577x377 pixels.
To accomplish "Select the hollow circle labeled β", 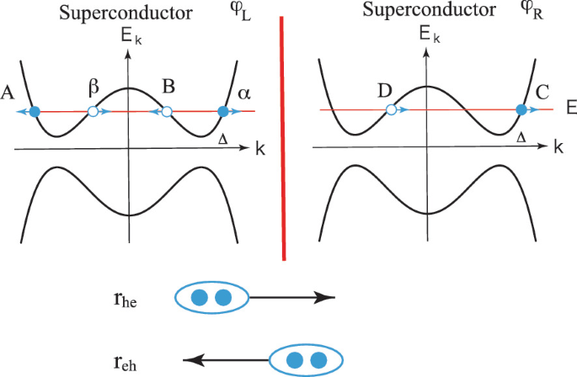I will pyautogui.click(x=93, y=111).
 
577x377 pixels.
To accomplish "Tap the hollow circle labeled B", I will pyautogui.click(x=167, y=111).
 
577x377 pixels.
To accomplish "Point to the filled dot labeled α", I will pyautogui.click(x=224, y=111).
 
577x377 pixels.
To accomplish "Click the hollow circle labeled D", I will pyautogui.click(x=391, y=109).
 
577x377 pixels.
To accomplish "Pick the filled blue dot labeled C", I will pyautogui.click(x=521, y=109).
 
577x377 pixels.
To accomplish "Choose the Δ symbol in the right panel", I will pyautogui.click(x=521, y=135).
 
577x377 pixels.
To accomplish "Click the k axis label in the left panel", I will pyautogui.click(x=260, y=149).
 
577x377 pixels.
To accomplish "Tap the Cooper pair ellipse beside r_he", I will pyautogui.click(x=211, y=297).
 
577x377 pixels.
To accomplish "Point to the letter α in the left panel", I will pyautogui.click(x=243, y=92).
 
